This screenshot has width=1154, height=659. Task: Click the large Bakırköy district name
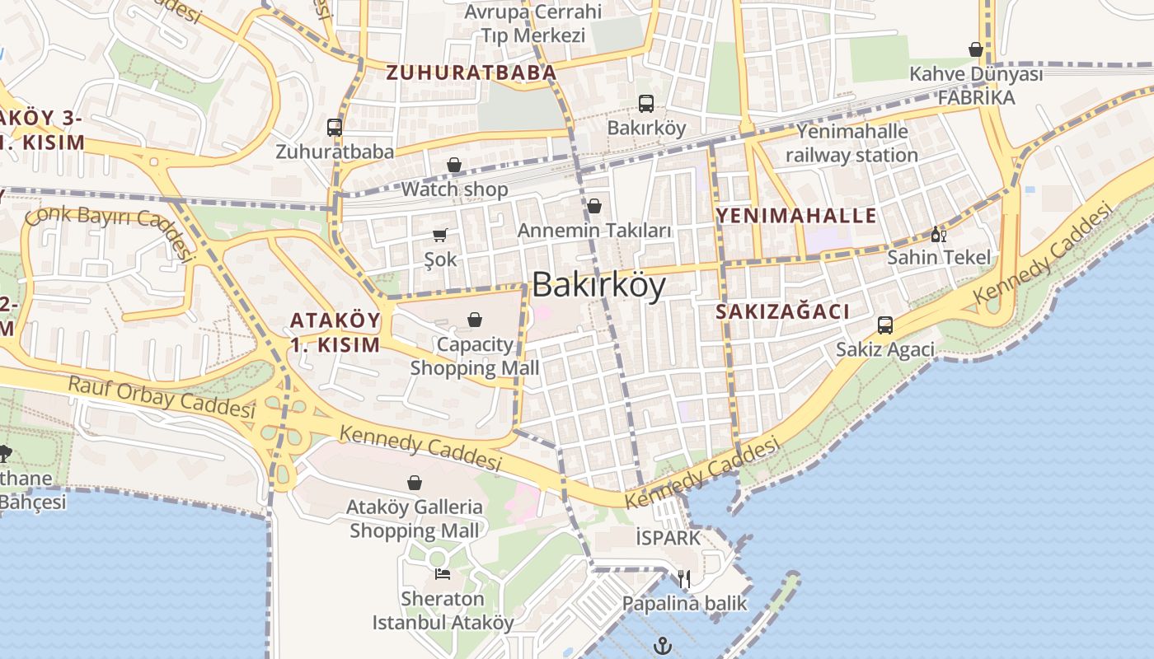(x=598, y=285)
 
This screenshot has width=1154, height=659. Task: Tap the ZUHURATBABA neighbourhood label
(x=471, y=72)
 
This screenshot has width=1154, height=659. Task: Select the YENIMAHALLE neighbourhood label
(x=796, y=216)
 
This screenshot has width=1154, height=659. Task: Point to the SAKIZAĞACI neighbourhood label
(x=782, y=311)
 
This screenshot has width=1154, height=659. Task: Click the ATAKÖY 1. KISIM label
(x=335, y=332)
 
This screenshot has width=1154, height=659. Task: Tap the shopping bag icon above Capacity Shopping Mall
(x=475, y=319)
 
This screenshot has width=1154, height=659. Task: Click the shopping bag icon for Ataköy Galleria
(x=415, y=482)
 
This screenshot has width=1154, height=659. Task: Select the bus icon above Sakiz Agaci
(x=885, y=325)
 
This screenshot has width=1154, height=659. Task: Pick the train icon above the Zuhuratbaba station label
(x=335, y=128)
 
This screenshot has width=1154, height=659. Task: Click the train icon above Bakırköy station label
(x=646, y=104)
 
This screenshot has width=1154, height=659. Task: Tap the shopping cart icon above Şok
(x=440, y=235)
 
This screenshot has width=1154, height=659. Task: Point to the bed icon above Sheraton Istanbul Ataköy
(x=443, y=573)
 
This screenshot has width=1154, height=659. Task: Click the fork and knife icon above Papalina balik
(x=684, y=578)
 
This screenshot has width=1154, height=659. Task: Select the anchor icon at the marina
(x=663, y=646)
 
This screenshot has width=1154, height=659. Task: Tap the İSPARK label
(x=668, y=538)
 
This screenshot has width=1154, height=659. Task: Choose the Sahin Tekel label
(x=939, y=257)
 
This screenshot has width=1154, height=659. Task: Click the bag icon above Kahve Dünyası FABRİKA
(x=976, y=49)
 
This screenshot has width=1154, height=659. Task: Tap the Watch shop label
(x=454, y=189)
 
